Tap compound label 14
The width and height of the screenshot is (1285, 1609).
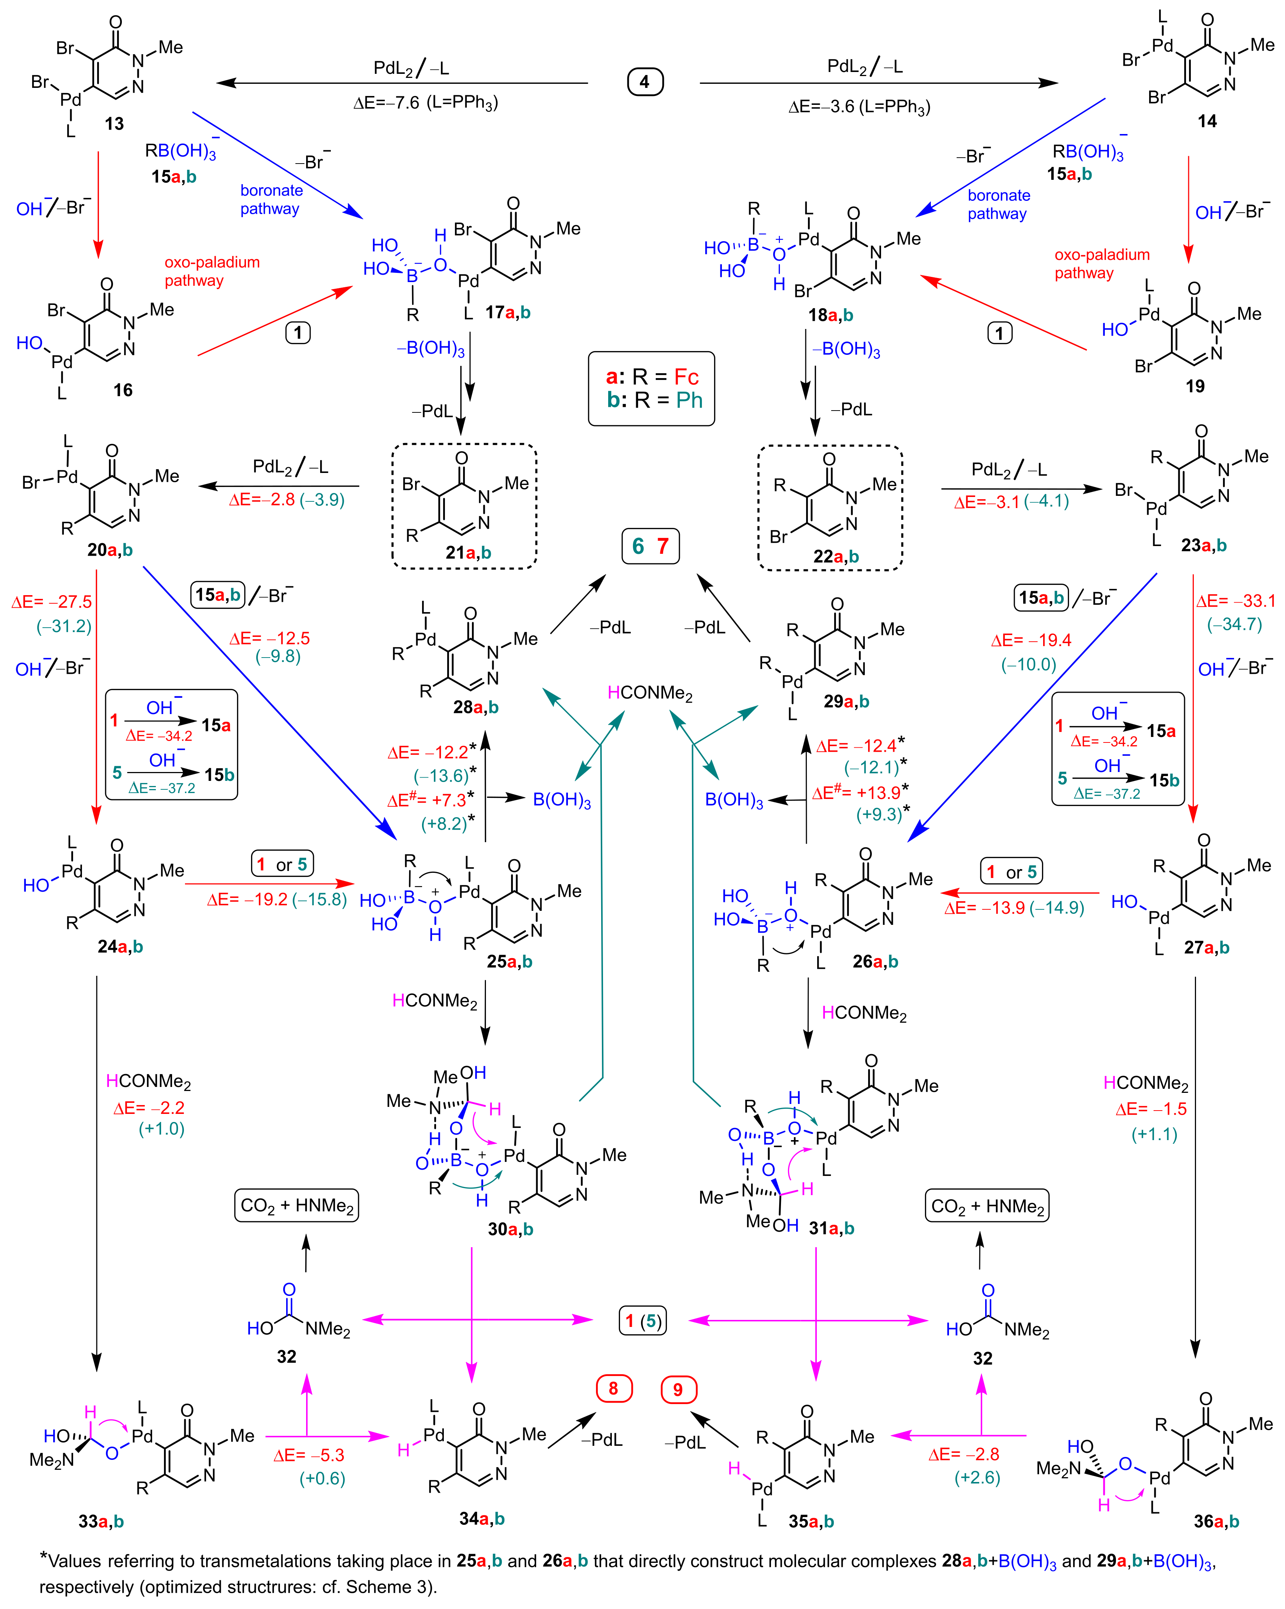click(x=1207, y=121)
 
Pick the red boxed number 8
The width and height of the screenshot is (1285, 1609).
click(x=613, y=1388)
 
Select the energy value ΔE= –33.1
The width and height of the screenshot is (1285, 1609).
click(x=1236, y=601)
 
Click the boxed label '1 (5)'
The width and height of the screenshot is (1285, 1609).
click(x=642, y=1321)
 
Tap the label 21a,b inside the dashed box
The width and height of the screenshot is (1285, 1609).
click(x=468, y=552)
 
